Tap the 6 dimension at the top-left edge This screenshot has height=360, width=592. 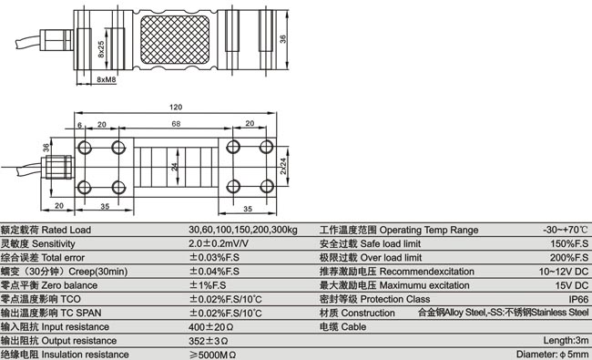(79, 124)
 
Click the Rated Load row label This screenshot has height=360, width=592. (46, 230)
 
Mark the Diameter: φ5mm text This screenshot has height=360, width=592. (552, 354)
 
